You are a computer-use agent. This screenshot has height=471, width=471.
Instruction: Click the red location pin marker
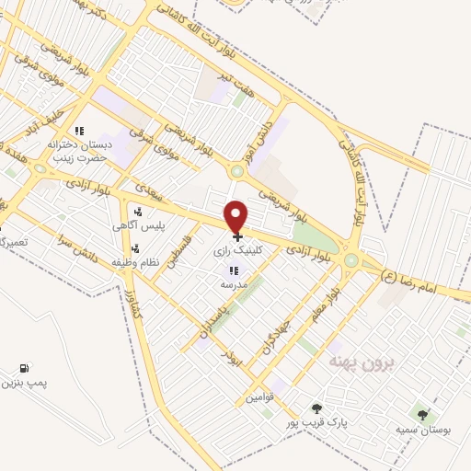pos(236,217)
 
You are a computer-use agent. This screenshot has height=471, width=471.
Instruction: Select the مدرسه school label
pos(233,285)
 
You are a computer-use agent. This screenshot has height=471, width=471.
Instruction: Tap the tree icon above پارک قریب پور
pos(316,408)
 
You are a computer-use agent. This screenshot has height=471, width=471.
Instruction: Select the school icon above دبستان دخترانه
pos(80,131)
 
